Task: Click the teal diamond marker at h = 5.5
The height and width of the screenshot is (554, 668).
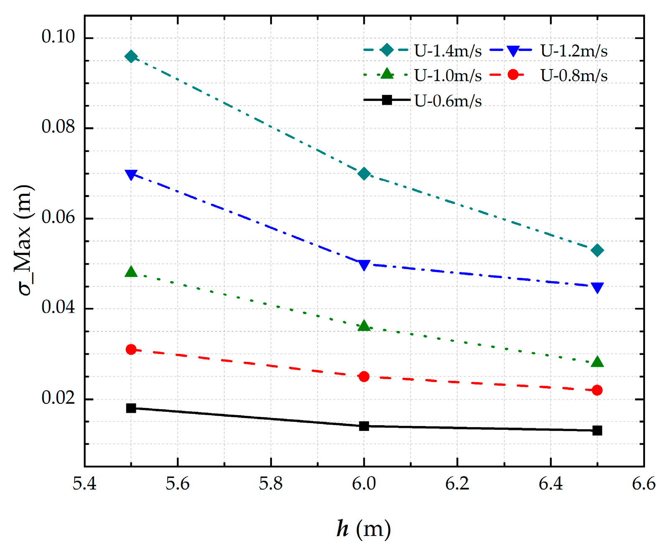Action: tap(131, 56)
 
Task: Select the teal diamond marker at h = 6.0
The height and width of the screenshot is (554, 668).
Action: tap(364, 174)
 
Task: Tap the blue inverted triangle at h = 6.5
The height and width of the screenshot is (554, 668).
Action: tap(597, 287)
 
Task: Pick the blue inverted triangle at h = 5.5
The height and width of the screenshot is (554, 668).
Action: tap(131, 174)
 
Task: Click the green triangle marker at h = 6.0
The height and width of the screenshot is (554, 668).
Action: tap(364, 326)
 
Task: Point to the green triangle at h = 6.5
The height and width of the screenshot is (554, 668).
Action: tap(597, 362)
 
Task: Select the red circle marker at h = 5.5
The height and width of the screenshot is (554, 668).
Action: tap(131, 349)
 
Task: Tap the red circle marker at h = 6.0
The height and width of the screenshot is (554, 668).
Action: tap(364, 377)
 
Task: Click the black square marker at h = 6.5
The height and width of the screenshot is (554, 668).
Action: tap(597, 430)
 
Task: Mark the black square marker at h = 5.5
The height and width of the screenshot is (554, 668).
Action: tap(131, 408)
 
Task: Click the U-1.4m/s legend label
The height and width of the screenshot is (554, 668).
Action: tap(448, 51)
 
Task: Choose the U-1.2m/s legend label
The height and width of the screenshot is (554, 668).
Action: tap(574, 51)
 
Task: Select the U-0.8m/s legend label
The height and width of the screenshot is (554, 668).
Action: tap(574, 76)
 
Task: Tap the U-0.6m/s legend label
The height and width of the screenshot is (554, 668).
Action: tap(448, 101)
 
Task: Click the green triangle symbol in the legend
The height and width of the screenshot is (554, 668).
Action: tap(387, 74)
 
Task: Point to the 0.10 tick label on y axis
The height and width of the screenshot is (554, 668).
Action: tap(58, 37)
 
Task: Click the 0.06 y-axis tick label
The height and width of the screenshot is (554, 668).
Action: tap(58, 218)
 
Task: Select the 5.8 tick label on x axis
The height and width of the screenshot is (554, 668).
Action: tap(271, 484)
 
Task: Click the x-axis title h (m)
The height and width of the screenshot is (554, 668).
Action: tap(363, 528)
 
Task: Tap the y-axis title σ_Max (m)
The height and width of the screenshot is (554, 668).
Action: tap(24, 240)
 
